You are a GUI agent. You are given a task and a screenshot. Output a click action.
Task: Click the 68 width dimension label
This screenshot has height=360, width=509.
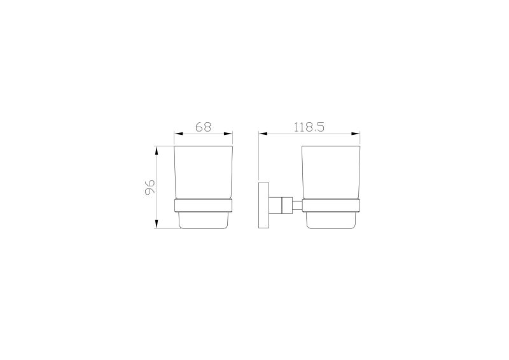point(204,127)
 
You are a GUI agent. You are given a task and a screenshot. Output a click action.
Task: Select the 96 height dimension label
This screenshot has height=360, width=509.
point(150,188)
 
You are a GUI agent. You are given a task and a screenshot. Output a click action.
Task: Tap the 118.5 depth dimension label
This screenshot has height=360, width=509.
point(309,127)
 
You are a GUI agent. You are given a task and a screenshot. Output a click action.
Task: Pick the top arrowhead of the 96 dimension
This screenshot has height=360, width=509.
point(157,151)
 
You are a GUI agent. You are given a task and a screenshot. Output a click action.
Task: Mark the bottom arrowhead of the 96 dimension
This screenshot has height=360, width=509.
point(157,223)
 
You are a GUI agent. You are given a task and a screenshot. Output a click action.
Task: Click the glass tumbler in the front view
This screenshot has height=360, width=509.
point(204,172)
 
